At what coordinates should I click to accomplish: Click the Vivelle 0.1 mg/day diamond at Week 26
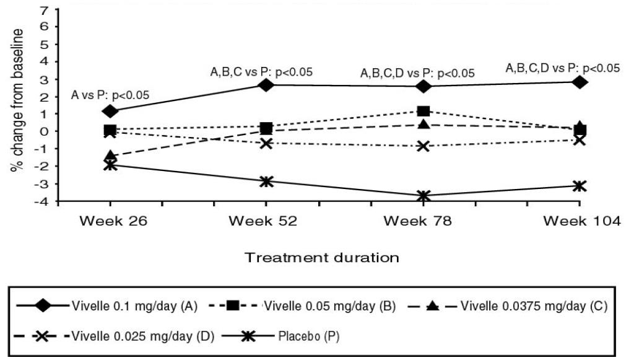(110, 112)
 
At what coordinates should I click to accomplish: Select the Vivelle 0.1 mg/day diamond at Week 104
(580, 82)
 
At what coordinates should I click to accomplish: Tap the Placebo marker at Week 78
(423, 196)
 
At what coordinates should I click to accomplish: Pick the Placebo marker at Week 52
(266, 182)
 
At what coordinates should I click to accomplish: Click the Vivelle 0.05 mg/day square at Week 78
(424, 112)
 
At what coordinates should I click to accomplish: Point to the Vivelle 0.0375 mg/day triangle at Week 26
(110, 156)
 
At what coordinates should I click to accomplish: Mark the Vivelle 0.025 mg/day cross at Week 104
(580, 140)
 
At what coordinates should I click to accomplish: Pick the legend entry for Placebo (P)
(310, 337)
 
